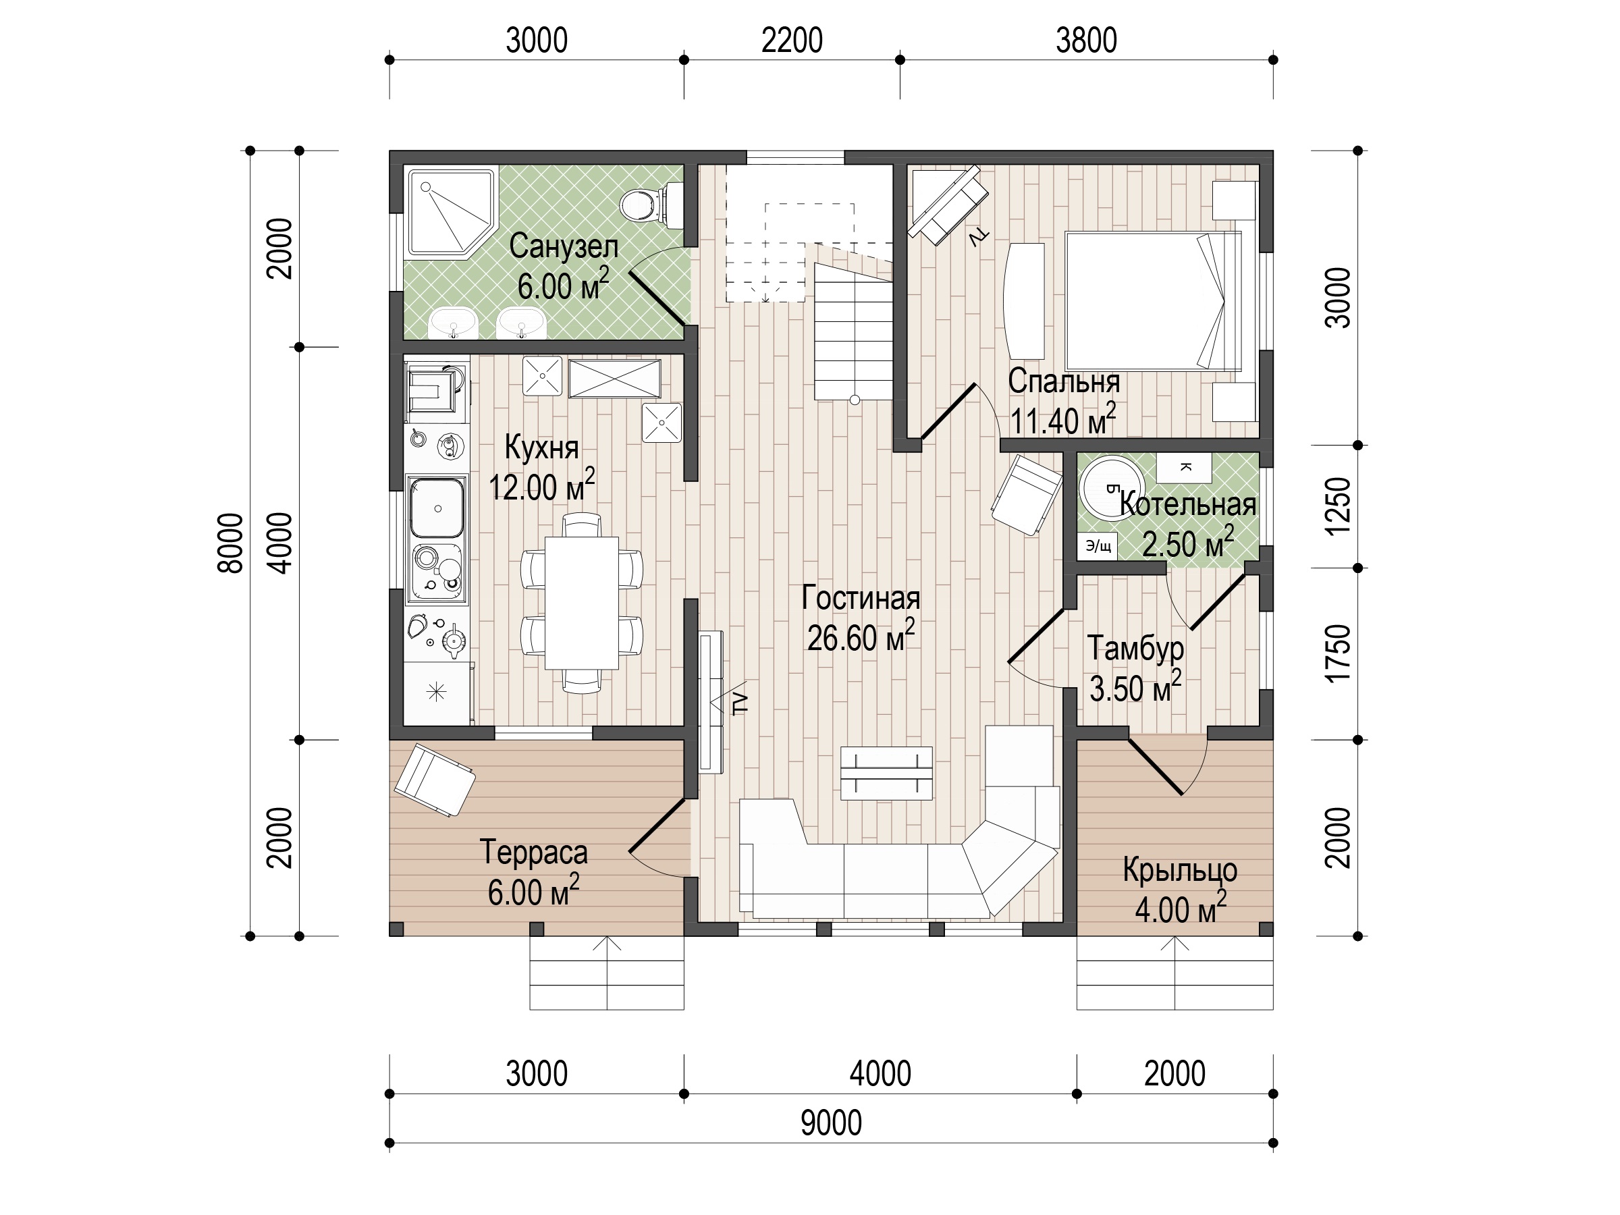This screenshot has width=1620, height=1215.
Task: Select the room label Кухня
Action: pos(542,447)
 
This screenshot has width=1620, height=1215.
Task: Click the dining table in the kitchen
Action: pos(581,603)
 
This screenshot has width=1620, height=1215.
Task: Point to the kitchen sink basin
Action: pos(437,508)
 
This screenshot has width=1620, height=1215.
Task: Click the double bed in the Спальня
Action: pos(1153,301)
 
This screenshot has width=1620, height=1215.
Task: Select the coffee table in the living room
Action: pos(886,773)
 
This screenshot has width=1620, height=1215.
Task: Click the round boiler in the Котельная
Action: pos(1110,487)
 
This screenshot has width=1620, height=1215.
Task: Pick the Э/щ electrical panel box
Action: pos(1097,545)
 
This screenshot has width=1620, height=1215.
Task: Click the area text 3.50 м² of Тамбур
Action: pos(1136,687)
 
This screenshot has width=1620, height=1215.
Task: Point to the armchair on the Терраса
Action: pos(434,780)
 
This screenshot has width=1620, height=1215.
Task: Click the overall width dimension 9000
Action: pos(830,1123)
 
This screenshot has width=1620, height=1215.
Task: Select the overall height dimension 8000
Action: pos(232,543)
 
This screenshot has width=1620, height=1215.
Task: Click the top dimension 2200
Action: pos(792,41)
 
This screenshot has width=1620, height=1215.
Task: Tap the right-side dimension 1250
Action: pos(1338,506)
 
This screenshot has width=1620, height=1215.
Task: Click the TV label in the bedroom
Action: pos(979,238)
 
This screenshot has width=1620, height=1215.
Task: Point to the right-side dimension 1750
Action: pos(1338,653)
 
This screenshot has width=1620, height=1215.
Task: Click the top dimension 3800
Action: pos(1086,41)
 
